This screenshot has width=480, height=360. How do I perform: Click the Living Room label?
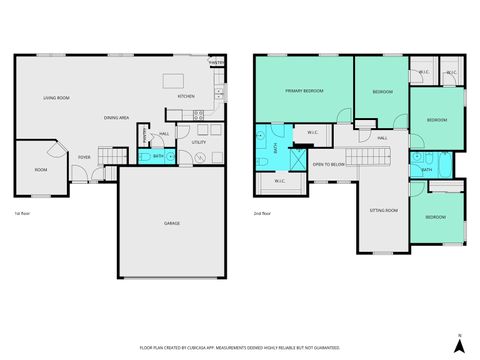[55, 98]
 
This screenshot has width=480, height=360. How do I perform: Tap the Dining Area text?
[117, 118]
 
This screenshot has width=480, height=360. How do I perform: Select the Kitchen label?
[186, 97]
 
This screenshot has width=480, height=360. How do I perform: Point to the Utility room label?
[198, 143]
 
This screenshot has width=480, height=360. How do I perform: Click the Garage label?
[172, 223]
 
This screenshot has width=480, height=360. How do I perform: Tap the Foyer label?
[85, 157]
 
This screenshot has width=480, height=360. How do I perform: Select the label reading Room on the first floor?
[40, 170]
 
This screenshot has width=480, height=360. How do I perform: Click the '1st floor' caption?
[21, 213]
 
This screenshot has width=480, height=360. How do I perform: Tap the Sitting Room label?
[384, 211]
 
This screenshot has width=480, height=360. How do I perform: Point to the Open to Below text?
[327, 163]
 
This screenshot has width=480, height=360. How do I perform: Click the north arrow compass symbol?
[457, 343]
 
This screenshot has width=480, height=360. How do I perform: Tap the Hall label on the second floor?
[382, 138]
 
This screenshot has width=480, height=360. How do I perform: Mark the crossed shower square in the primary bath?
[298, 160]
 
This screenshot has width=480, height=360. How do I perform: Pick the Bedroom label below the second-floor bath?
[436, 217]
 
